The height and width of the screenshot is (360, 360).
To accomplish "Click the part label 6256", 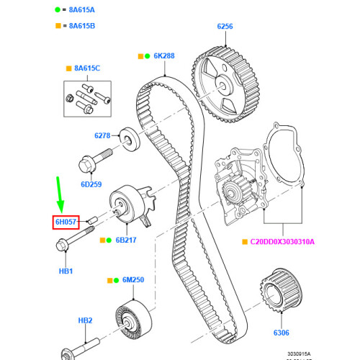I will [x=225, y=27].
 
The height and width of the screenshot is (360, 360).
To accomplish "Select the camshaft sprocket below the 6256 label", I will [x=225, y=73].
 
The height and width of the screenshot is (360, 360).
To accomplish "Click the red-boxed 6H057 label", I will [x=66, y=222].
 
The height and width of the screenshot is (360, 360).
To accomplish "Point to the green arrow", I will [x=60, y=198].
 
